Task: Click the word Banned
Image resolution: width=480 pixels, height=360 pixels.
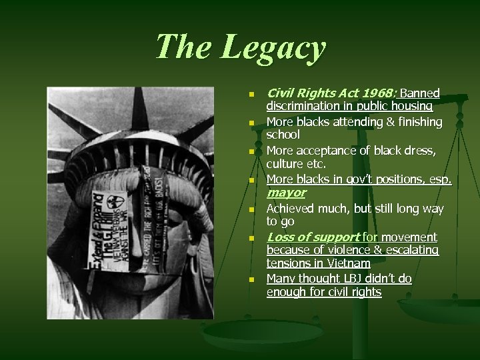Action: pos(420,93)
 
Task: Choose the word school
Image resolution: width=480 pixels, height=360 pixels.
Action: pos(284,135)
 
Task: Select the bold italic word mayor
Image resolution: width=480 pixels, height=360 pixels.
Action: pos(286,193)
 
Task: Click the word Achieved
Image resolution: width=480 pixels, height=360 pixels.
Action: pos(292,209)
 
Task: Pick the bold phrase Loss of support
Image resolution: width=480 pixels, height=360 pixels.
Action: pos(313,237)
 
